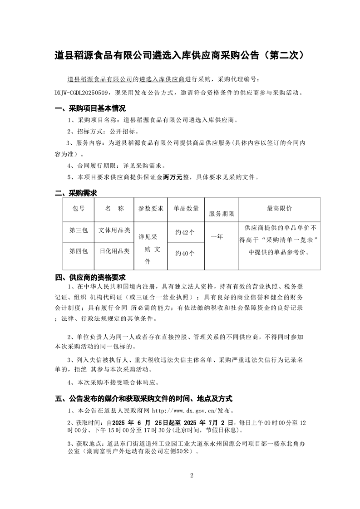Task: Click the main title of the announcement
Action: tap(179, 56)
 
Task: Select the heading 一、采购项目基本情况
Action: tap(90, 109)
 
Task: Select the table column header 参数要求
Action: tap(151, 209)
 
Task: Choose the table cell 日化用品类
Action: tap(114, 250)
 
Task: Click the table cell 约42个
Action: tap(185, 232)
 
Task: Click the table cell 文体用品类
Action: tap(114, 230)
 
